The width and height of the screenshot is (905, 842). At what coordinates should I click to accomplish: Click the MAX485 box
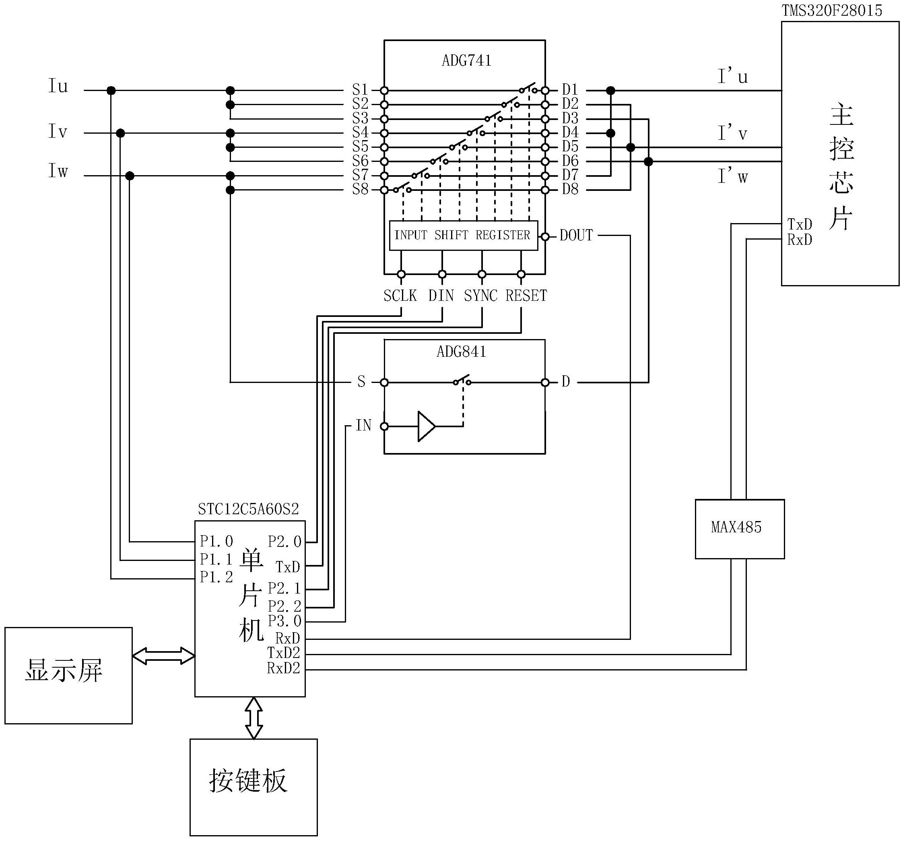[x=739, y=529]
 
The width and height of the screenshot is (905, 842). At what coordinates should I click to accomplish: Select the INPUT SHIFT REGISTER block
[x=463, y=236]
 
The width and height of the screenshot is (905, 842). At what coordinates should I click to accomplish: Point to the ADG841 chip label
[x=461, y=352]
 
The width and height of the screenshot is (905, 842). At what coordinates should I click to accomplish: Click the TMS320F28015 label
[x=832, y=10]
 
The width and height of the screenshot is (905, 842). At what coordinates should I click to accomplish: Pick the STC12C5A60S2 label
[x=249, y=509]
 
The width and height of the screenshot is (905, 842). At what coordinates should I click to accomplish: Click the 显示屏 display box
[x=68, y=675]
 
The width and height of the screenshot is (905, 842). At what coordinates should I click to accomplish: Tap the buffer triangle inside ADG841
[x=426, y=426]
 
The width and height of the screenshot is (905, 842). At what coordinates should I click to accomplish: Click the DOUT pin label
[x=576, y=236]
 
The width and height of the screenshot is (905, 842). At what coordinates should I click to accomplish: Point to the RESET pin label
[x=526, y=296]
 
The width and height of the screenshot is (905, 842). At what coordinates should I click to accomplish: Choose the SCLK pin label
[x=400, y=296]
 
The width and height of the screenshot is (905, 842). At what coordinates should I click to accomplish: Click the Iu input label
[x=58, y=86]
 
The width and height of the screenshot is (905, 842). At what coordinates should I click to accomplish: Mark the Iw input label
[x=58, y=171]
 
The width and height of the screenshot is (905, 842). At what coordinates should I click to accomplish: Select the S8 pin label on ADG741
[x=360, y=190]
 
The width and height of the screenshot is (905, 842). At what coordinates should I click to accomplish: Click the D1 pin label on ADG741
[x=570, y=89]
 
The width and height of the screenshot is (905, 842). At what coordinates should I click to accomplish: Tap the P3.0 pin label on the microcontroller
[x=284, y=621]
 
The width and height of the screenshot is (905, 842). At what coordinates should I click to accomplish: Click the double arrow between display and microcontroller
[x=163, y=656]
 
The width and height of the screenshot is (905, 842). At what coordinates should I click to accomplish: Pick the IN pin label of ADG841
[x=363, y=426]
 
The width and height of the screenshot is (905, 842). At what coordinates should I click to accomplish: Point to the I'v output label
[x=732, y=134]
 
